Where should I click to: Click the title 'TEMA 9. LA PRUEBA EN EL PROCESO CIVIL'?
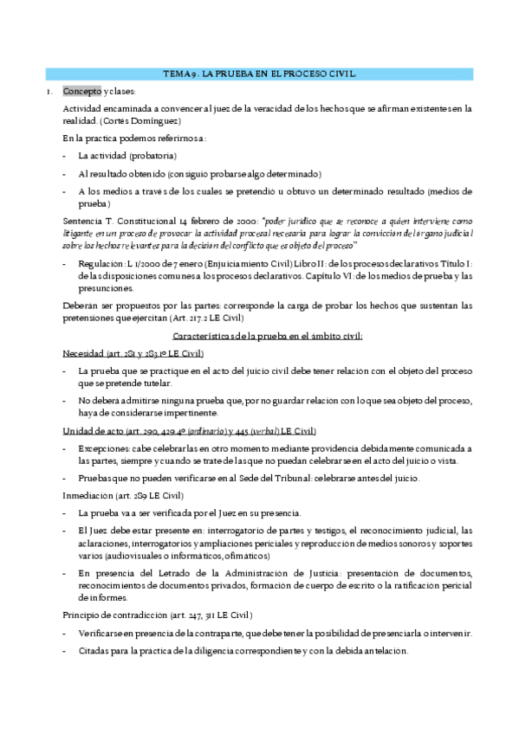pyautogui.click(x=259, y=75)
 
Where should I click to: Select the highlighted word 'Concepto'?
pyautogui.click(x=82, y=91)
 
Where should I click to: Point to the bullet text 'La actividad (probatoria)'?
pyautogui.click(x=127, y=156)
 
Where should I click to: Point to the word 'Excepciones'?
pyautogui.click(x=104, y=448)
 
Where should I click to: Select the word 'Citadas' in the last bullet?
pyautogui.click(x=94, y=651)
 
